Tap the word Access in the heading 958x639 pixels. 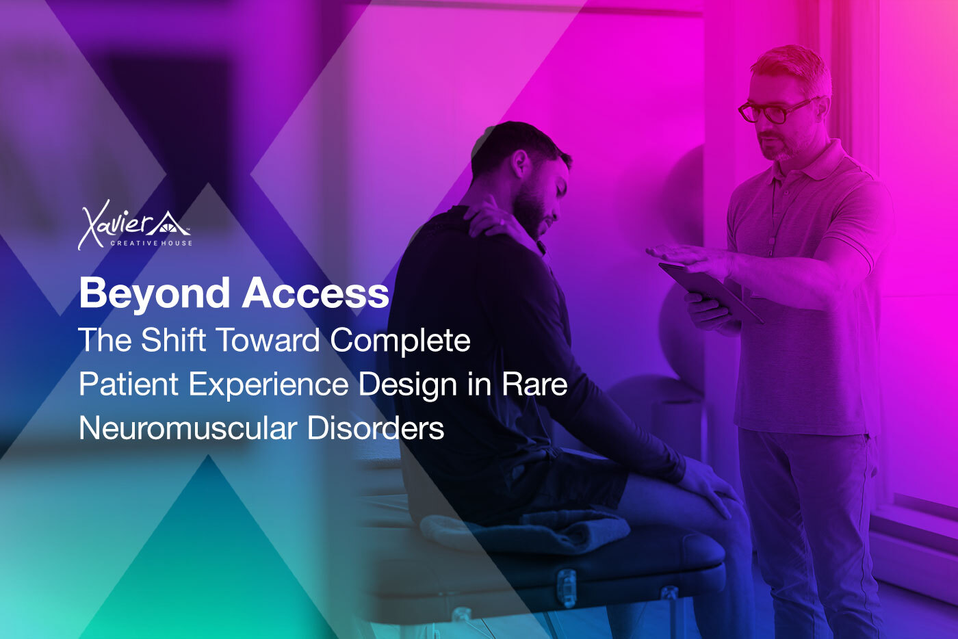tap(315, 293)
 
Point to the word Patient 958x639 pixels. tap(129, 384)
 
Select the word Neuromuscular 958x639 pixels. tap(188, 428)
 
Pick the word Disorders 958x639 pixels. tap(376, 428)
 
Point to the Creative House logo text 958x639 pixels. tap(151, 244)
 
